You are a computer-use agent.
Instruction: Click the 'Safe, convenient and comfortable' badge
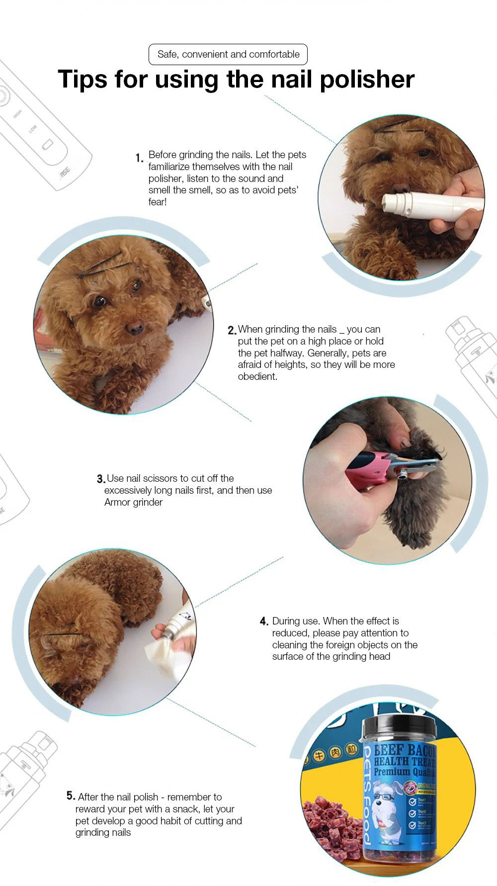point(228,54)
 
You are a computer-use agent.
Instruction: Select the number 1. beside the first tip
point(139,158)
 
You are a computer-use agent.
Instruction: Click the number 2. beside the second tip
point(232,330)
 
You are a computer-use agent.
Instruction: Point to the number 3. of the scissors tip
point(101,479)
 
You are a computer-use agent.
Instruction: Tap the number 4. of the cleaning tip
point(264,621)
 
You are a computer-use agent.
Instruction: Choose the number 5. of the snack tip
point(71,796)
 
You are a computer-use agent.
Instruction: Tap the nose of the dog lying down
point(134,328)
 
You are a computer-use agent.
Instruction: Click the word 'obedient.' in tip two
point(257,376)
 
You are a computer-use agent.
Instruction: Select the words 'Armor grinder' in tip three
point(133,502)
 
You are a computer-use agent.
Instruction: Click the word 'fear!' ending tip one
point(157,202)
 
